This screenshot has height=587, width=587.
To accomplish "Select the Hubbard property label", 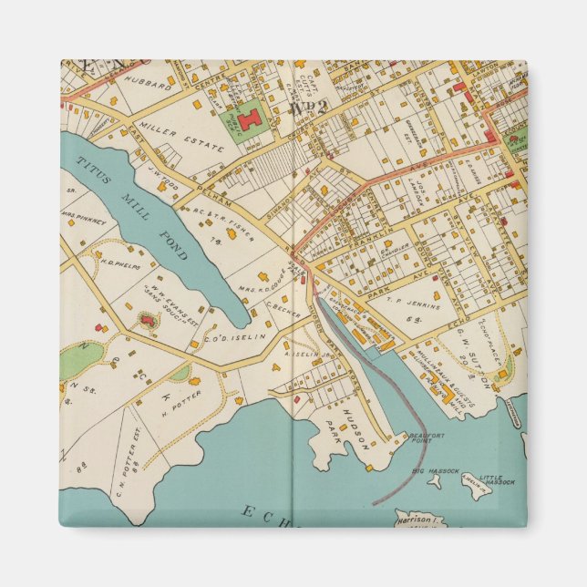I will click(153, 82).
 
